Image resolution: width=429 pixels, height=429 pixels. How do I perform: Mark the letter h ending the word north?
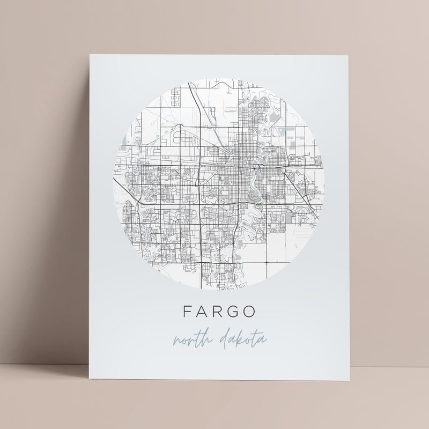[x=206, y=338]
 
